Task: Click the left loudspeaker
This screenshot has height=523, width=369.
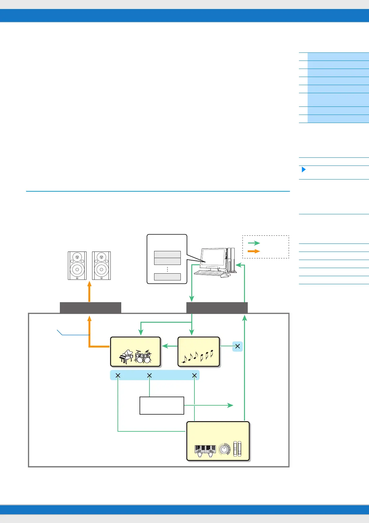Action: point(77,266)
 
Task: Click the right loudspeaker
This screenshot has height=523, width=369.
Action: point(101,266)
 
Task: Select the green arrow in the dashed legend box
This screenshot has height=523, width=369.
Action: point(254,243)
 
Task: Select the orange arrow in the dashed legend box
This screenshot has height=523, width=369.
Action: point(254,251)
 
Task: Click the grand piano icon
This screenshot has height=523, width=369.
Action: point(126,357)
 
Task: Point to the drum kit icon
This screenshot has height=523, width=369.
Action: point(143,357)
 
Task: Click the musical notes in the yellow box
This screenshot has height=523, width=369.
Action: point(198,356)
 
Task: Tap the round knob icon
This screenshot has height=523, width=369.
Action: point(224,449)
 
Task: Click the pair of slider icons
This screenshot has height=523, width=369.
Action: point(237,448)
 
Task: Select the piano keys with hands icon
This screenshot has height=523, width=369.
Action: point(205,451)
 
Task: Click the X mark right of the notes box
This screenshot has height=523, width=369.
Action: point(238,346)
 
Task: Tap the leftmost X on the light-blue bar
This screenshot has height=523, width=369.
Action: point(118,375)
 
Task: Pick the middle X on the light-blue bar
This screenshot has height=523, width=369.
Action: point(149,375)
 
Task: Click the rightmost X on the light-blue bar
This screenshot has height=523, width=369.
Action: point(194,375)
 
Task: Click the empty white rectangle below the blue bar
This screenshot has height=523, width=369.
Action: point(162,405)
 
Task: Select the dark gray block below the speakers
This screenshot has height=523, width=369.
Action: point(91,307)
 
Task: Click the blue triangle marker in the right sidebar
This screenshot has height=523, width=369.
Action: point(304,170)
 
